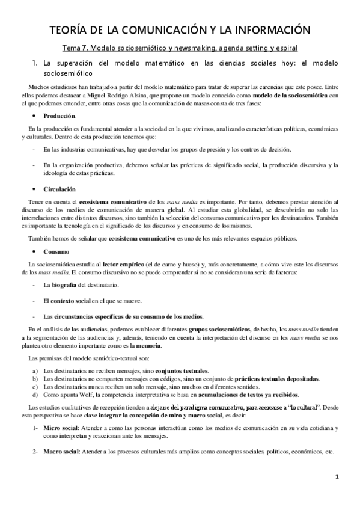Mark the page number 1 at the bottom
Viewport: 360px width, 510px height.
click(338, 478)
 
